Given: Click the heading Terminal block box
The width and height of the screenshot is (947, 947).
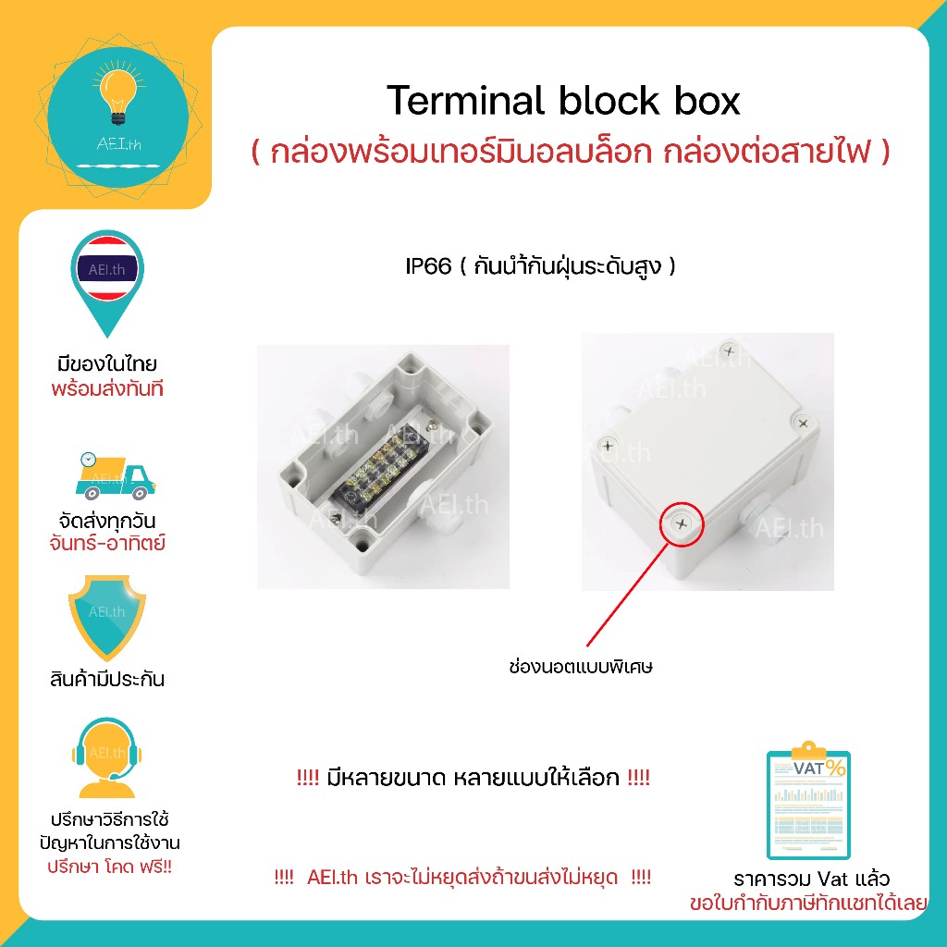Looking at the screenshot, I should [563, 101].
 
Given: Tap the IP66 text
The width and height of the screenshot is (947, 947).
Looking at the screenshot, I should [428, 267].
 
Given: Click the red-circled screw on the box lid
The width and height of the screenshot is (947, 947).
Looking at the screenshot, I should [682, 523].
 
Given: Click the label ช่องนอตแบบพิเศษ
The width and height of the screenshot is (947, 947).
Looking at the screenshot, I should [581, 666].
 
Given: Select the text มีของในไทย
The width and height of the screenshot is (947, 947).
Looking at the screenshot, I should [107, 363].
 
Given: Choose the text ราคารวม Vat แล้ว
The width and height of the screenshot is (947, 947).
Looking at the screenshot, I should [810, 879].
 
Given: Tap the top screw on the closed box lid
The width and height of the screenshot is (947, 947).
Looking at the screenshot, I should [731, 351].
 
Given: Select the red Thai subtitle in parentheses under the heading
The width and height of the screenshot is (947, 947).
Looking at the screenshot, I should [570, 153].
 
